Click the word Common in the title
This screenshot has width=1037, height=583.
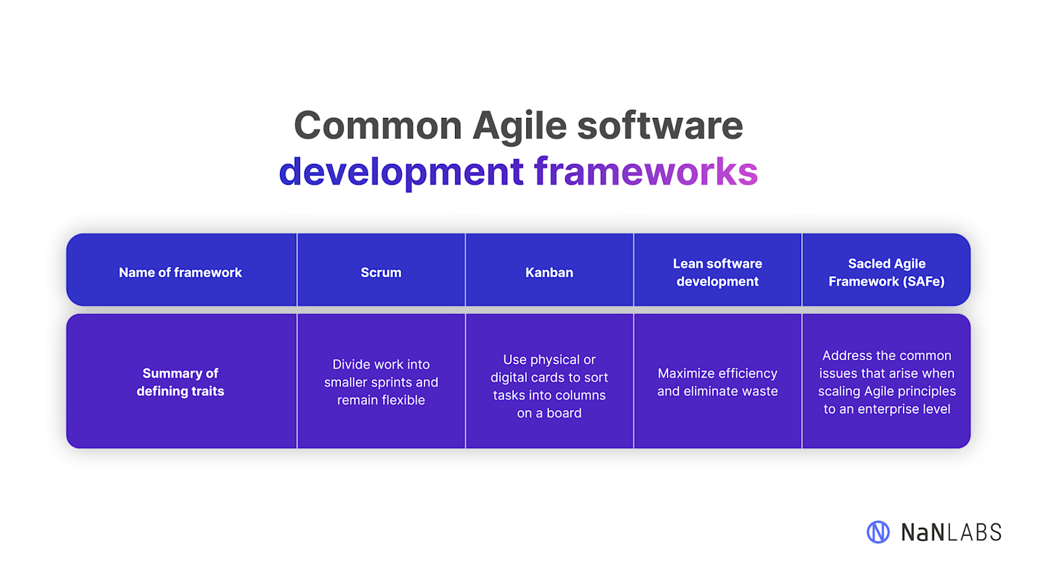(377, 126)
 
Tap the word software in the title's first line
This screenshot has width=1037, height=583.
(660, 126)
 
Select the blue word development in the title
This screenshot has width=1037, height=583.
(401, 172)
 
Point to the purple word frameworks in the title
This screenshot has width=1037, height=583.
(646, 172)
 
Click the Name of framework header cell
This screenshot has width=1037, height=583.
(180, 273)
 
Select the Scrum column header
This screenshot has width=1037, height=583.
(381, 273)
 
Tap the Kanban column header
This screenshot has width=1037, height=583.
(549, 273)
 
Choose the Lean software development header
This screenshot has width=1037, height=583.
(717, 273)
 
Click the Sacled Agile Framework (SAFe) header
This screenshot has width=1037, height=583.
(886, 273)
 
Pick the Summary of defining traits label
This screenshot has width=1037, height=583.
(180, 382)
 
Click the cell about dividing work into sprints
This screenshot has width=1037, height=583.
(381, 382)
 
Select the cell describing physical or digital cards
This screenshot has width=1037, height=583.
(549, 386)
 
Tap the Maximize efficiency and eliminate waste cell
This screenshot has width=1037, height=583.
(717, 382)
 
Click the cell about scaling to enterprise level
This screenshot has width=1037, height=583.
(886, 382)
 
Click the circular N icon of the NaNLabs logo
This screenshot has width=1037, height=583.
(878, 532)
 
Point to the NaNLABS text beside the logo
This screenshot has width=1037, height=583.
(951, 532)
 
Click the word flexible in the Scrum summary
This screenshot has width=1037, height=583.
(403, 400)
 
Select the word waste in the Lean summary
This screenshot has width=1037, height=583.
(760, 391)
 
